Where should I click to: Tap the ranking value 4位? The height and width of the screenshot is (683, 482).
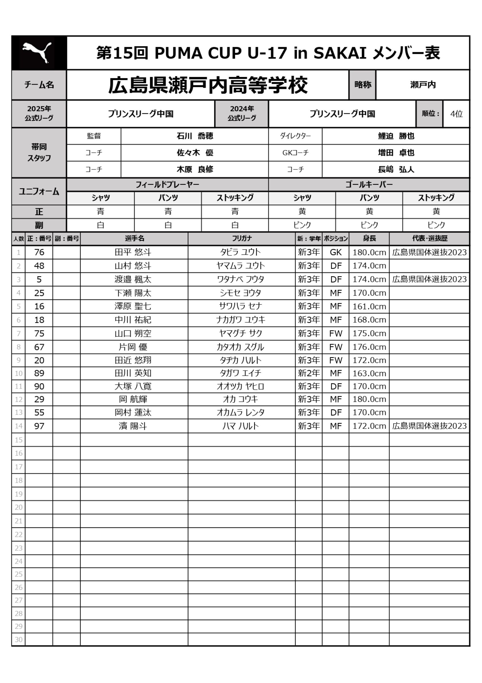tap(456, 114)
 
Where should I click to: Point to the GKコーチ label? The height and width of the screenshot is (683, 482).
tap(295, 153)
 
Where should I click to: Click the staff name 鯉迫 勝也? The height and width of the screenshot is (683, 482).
tap(396, 136)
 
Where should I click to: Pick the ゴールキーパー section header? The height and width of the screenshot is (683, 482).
tap(369, 185)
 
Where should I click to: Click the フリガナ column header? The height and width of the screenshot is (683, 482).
tap(242, 238)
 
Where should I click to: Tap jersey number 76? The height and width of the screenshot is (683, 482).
tap(39, 252)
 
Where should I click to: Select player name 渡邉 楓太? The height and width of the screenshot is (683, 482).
tap(133, 279)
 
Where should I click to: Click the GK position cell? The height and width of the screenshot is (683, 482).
tap(335, 252)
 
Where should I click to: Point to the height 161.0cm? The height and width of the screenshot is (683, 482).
tap(369, 306)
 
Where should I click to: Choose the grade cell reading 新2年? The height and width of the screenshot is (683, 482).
tap(309, 373)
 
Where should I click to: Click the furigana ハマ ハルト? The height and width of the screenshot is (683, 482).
tap(240, 426)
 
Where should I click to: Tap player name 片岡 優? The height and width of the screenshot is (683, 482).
tap(133, 347)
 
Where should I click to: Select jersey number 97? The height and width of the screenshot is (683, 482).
tap(39, 426)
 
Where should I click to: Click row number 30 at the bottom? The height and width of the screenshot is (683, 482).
tap(18, 639)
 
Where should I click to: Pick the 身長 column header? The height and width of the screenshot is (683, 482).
tap(369, 238)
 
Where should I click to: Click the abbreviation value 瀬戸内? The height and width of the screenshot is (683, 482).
tap(422, 85)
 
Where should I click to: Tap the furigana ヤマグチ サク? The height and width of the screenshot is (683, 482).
tap(240, 334)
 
